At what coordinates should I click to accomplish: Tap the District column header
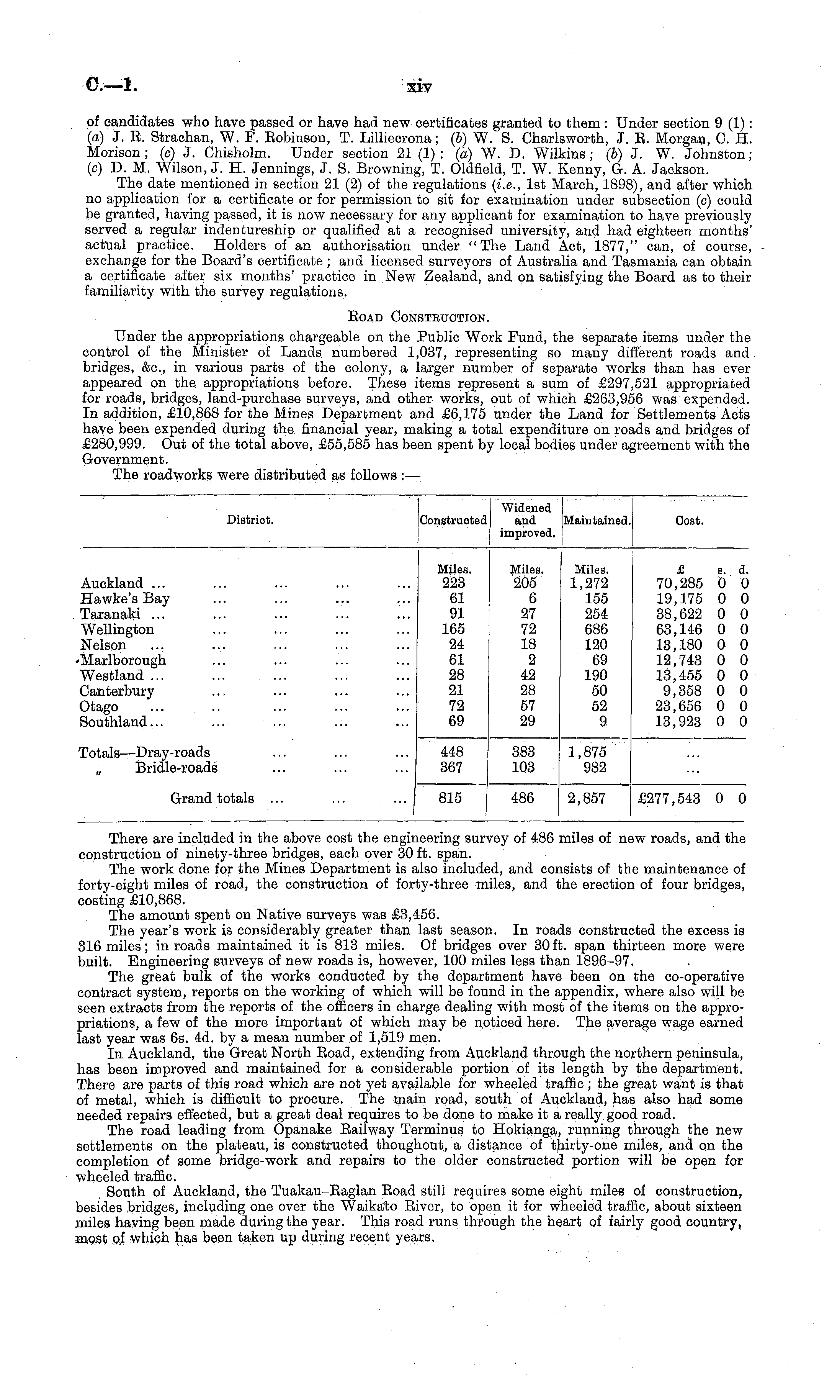click(x=250, y=520)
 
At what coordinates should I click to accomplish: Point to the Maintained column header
click(x=597, y=520)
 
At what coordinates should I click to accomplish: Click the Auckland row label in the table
click(x=112, y=583)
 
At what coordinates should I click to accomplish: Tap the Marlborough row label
click(x=124, y=660)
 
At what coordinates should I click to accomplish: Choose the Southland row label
click(x=114, y=722)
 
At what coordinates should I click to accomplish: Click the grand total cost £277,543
click(x=669, y=799)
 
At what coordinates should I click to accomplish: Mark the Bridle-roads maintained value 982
click(x=595, y=767)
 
